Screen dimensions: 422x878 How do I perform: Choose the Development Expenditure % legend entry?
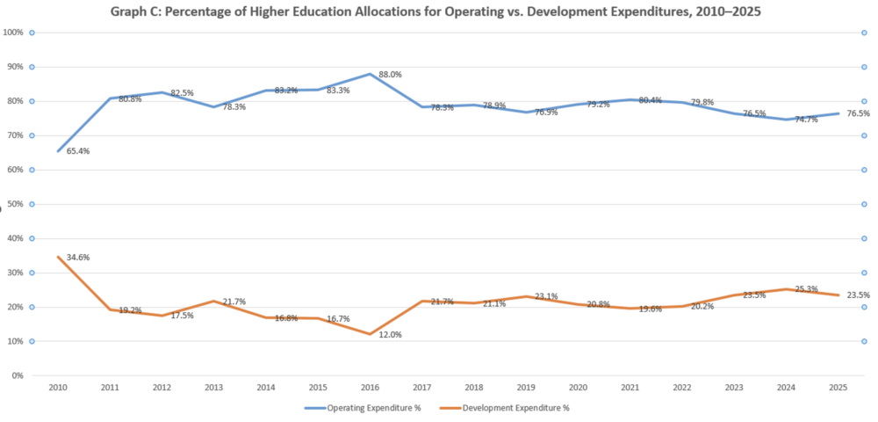516,407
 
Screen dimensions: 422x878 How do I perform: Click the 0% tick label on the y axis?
17,375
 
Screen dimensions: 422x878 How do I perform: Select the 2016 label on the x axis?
371,388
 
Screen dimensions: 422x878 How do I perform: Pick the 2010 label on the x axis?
57,388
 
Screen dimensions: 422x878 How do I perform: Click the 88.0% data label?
390,75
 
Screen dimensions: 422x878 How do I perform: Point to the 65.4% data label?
78,151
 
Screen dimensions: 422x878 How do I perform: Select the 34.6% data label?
78,258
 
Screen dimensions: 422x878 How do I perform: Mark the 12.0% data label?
390,334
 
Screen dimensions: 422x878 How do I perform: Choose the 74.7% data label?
806,119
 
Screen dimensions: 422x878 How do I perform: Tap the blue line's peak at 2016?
371,74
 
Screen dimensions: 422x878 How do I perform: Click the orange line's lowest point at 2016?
371,334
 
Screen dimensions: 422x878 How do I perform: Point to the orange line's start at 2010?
58,257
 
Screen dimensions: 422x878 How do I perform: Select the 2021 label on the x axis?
631,388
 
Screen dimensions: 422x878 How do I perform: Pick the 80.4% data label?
651,100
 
